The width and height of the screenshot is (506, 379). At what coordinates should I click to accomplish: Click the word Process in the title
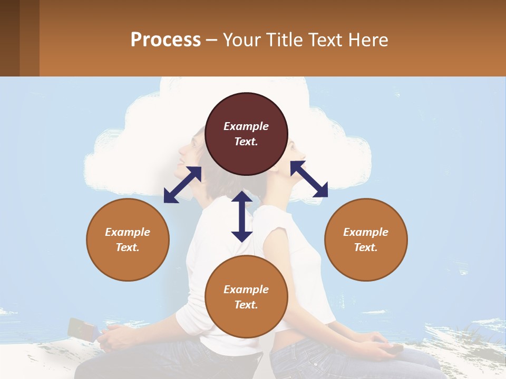(x=166, y=40)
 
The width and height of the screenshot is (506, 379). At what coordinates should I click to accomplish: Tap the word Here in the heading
(x=367, y=40)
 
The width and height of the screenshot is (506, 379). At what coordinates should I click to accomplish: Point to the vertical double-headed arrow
(x=242, y=216)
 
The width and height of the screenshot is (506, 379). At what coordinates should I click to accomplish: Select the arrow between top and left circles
(x=182, y=185)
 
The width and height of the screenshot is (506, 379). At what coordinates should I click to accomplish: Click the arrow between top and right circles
(x=309, y=179)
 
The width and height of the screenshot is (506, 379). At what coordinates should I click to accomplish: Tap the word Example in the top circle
(x=246, y=126)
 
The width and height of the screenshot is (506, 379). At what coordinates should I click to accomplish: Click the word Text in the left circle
(x=128, y=247)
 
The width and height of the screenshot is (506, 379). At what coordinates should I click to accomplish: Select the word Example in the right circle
(x=366, y=232)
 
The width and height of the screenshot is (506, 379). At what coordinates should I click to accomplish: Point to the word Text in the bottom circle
(x=246, y=305)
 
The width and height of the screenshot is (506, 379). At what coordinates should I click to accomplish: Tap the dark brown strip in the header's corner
(x=10, y=38)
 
